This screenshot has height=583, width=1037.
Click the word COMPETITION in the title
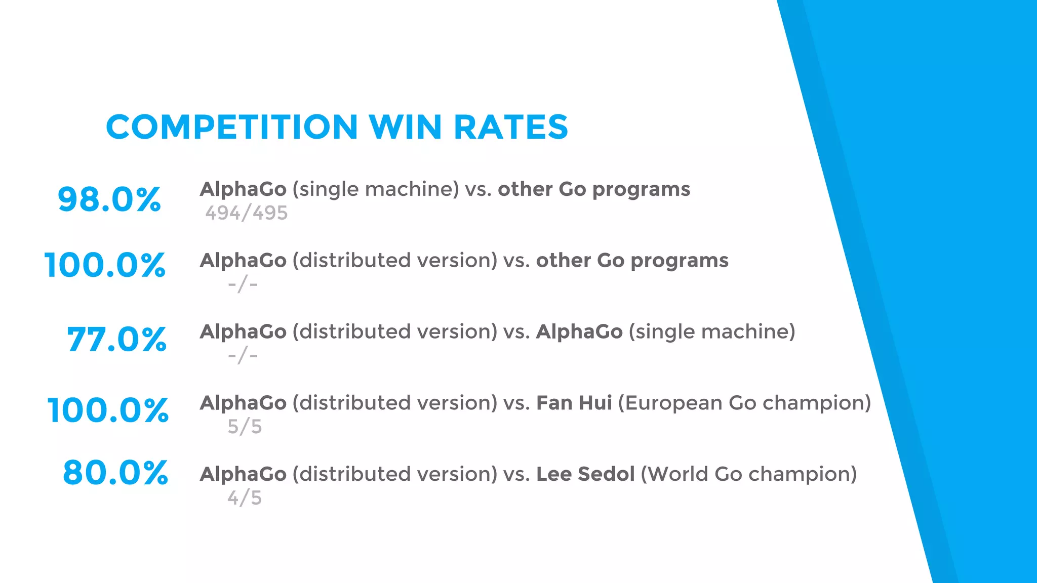coord(232,127)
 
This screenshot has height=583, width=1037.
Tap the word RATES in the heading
coord(511,127)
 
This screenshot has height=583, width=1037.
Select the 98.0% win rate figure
coord(109,199)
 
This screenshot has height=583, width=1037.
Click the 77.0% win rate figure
coord(116,339)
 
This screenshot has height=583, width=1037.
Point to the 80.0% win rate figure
coord(115,473)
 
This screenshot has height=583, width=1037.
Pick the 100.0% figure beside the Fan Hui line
coord(108,410)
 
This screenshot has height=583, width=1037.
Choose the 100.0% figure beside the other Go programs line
coord(105,265)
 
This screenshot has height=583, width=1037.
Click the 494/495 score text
coord(246,213)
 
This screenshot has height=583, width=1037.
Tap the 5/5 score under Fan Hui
coord(245,427)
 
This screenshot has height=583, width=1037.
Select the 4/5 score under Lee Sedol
coord(245,498)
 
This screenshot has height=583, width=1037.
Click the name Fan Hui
coord(574,403)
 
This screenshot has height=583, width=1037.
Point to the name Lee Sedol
coord(585,474)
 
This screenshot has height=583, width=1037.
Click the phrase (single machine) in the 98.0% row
coord(376,189)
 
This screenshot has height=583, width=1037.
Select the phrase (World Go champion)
coord(748,474)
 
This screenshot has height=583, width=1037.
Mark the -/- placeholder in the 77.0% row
coord(243,356)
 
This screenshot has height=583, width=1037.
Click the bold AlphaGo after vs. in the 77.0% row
coord(579,331)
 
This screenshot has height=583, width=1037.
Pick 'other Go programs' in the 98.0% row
coord(593,189)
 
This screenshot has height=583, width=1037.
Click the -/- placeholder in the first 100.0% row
coord(243,284)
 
